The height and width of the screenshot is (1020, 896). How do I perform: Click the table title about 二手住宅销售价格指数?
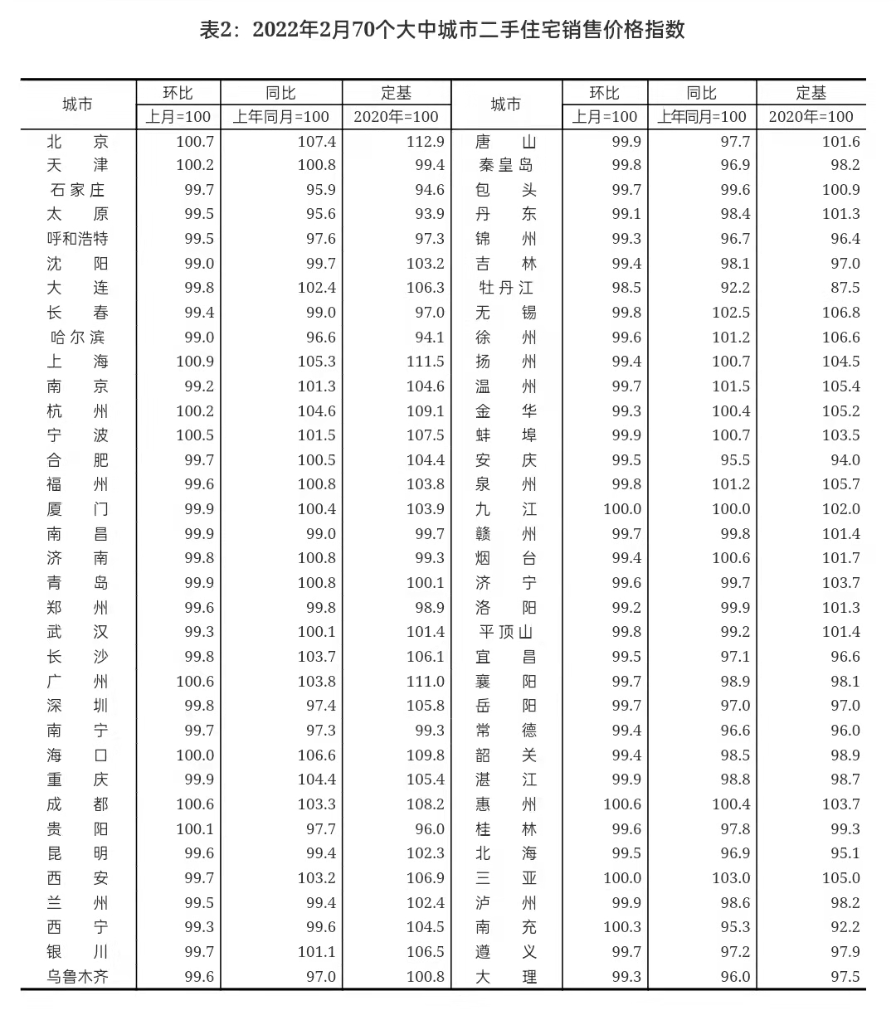point(443,31)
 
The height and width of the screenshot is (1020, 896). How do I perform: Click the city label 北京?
point(77,142)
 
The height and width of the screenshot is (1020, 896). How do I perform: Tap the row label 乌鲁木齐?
point(77,977)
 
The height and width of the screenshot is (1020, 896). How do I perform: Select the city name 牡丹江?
point(505,289)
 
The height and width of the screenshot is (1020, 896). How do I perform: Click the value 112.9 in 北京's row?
point(426,142)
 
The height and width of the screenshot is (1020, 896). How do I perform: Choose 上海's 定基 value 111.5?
point(426,362)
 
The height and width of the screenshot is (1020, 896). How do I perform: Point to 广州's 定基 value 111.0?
point(426,682)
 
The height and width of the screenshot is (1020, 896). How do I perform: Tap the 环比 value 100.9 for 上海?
point(195,362)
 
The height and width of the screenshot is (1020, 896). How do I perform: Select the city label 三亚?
point(505,878)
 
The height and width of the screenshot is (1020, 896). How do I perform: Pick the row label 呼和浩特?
point(77,240)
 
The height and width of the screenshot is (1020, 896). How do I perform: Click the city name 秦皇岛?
point(505,166)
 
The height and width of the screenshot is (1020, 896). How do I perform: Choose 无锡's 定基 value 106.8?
point(840,313)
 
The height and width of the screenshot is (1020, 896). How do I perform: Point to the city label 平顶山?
point(505,633)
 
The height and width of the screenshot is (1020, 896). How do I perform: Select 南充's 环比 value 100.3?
point(622,927)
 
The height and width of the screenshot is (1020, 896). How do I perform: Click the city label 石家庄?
point(77,191)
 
